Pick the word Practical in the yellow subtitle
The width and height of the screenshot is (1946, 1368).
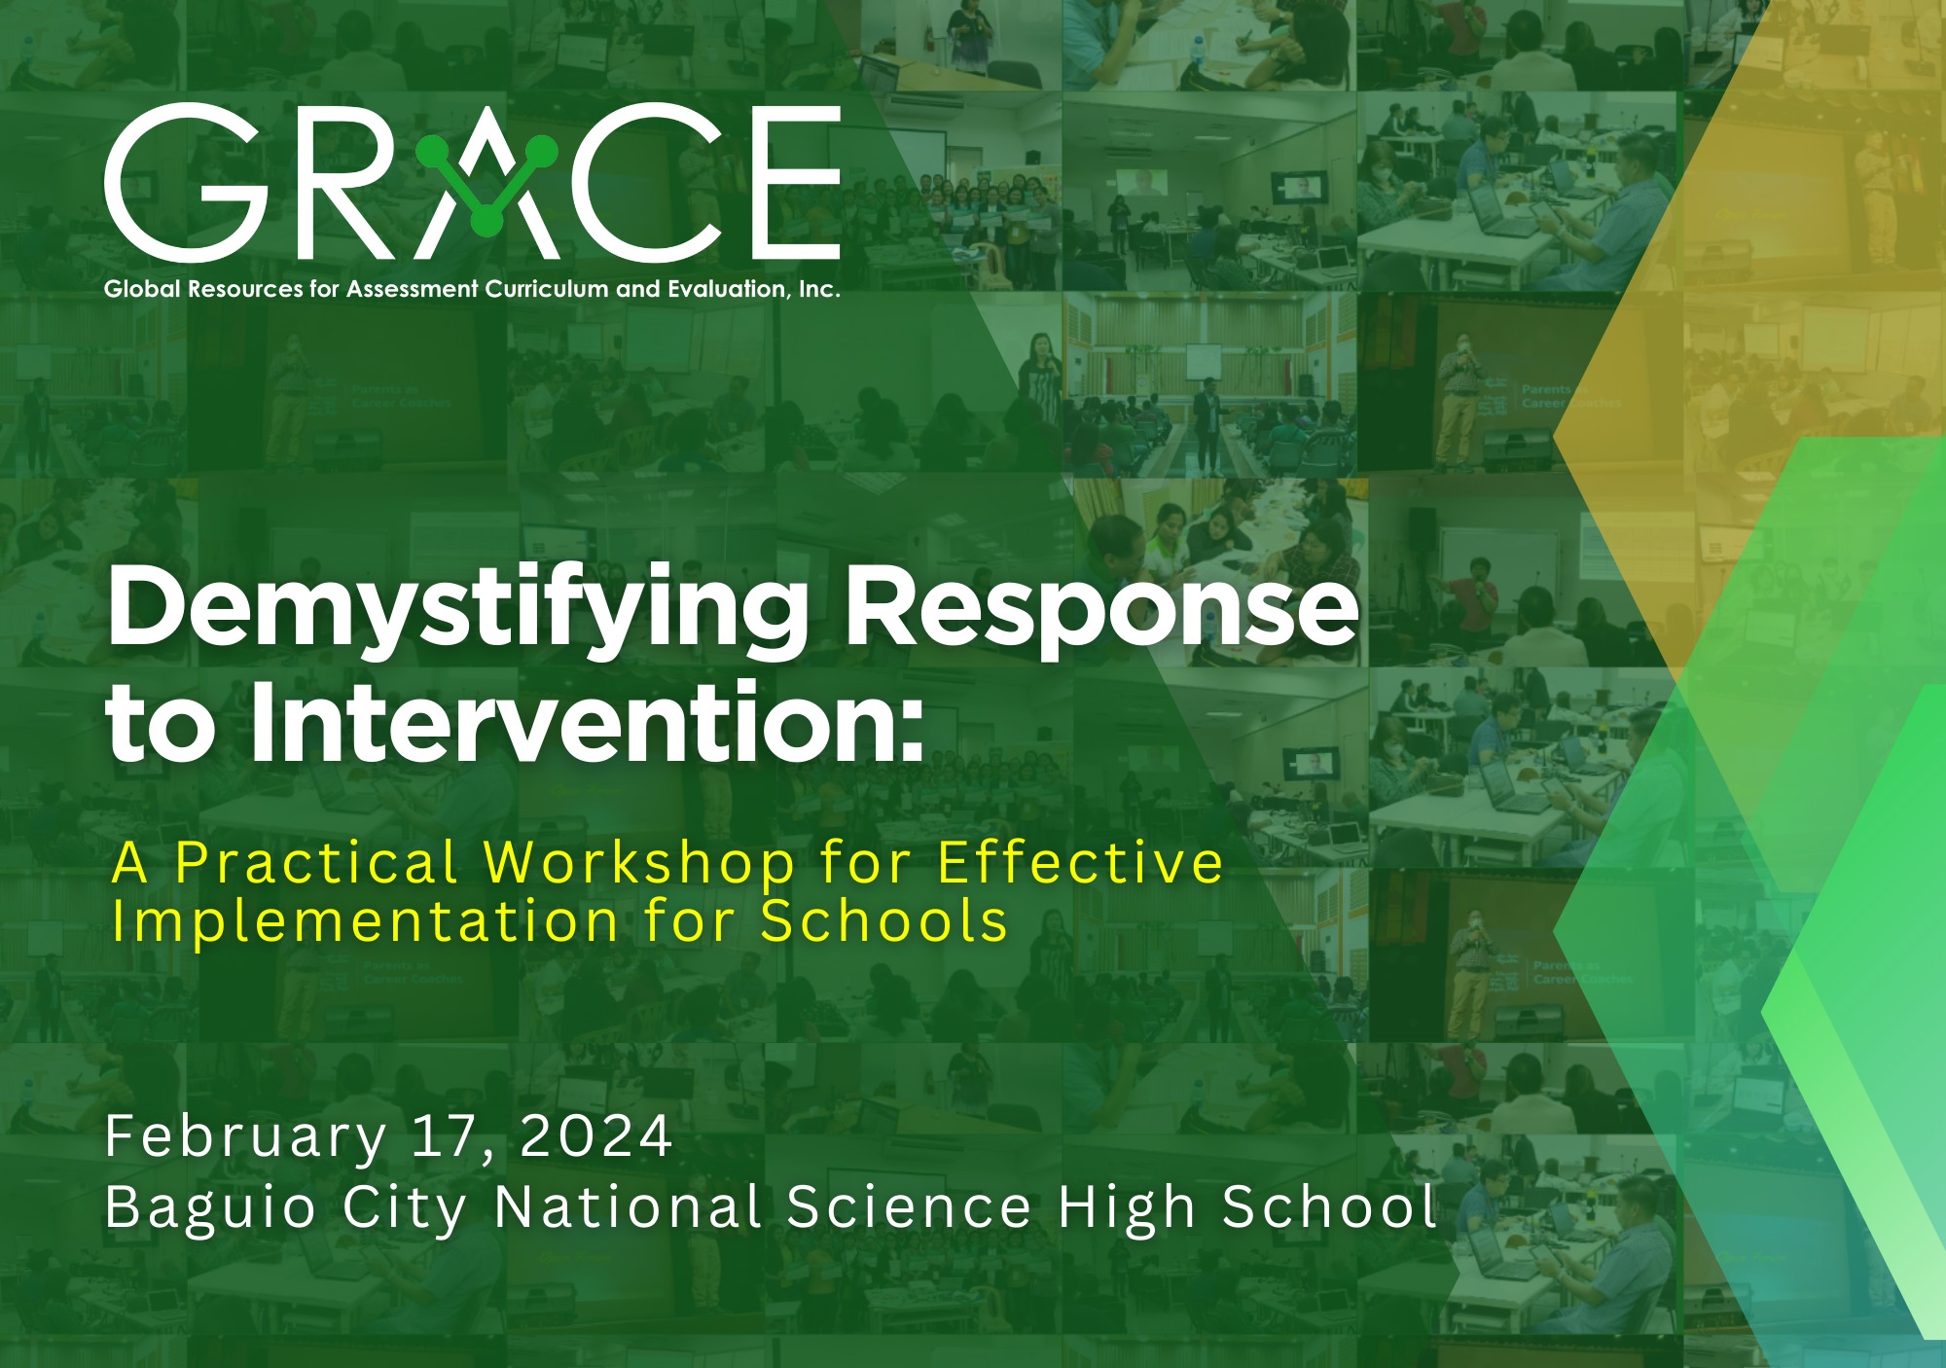[x=316, y=862]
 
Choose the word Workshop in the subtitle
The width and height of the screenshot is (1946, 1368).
[x=639, y=862]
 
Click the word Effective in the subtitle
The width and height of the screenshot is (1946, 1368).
[x=1080, y=862]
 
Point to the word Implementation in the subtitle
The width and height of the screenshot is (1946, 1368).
[x=365, y=922]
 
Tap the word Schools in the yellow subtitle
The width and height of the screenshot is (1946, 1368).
[x=883, y=920]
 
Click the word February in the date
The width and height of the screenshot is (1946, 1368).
[x=246, y=1136]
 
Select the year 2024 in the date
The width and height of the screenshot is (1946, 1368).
[x=595, y=1135]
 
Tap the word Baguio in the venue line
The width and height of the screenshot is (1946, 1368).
[x=210, y=1207]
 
